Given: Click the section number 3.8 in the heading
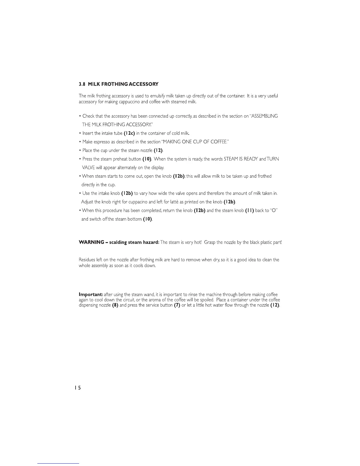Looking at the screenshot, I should pyautogui.click(x=82, y=84).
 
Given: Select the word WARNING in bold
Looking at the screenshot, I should pyautogui.click(x=91, y=242).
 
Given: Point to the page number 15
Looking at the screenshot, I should pyautogui.click(x=78, y=388).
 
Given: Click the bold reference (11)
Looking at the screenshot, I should pyautogui.click(x=249, y=211).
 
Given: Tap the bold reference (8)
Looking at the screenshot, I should pyautogui.click(x=115, y=305).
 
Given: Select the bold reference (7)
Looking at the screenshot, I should pyautogui.click(x=177, y=305).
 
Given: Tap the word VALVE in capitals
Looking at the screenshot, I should pyautogui.click(x=88, y=168).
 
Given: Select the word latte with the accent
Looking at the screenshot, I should pyautogui.click(x=172, y=202).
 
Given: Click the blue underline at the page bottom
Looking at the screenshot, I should pyautogui.click(x=58, y=463).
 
